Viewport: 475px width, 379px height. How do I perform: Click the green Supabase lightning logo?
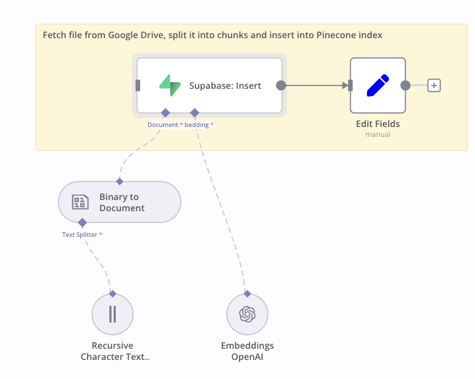pos(170,86)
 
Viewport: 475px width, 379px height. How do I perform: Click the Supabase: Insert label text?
pos(225,86)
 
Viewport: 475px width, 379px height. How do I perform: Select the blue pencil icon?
pos(378,86)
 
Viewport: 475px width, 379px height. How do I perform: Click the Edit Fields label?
pos(378,124)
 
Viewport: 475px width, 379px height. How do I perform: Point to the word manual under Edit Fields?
pos(378,134)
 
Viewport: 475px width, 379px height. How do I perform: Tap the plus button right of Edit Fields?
pos(434,85)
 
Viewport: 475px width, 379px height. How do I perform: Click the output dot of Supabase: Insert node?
pos(281,85)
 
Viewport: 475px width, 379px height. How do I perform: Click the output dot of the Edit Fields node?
pos(405,85)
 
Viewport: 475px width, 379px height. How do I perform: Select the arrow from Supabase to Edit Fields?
pos(316,85)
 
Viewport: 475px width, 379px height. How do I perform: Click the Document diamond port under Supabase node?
pos(166,113)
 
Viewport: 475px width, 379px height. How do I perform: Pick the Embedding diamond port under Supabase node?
pos(194,113)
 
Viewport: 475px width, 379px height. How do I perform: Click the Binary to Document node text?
pos(122,202)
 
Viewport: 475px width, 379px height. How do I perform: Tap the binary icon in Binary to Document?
pos(80,202)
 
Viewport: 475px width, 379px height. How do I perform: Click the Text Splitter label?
pos(80,234)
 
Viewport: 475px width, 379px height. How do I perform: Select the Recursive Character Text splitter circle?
pos(113,315)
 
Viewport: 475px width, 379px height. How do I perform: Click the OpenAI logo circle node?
pos(247,315)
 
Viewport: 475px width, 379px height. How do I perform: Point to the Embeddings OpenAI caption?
pos(247,351)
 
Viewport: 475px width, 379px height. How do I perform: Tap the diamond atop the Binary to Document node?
pos(119,181)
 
